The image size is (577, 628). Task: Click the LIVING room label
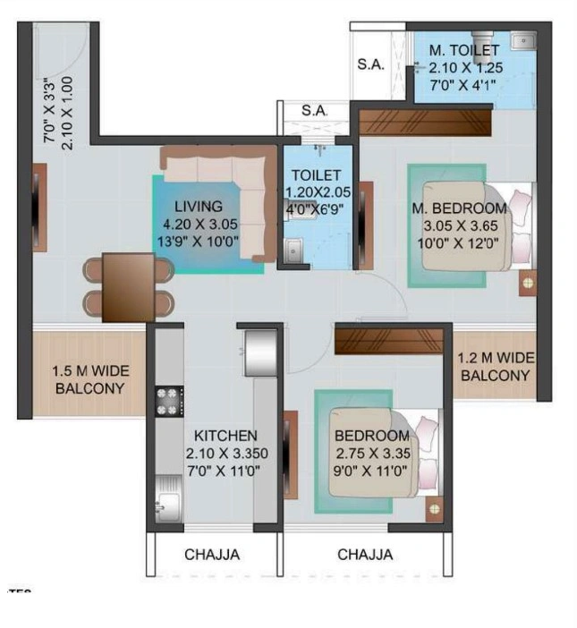point(199,207)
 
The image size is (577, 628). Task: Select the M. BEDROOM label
point(459,208)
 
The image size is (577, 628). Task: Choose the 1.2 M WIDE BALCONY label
point(496,367)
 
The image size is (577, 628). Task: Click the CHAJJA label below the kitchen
point(212,555)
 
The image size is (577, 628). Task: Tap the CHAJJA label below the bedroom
point(365,555)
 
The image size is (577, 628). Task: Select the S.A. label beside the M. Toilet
point(370,64)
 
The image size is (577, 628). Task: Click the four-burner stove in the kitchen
point(169,401)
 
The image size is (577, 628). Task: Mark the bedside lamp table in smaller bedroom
point(434,508)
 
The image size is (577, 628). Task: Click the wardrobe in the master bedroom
point(425,120)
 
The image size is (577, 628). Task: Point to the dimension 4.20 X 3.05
point(199,224)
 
